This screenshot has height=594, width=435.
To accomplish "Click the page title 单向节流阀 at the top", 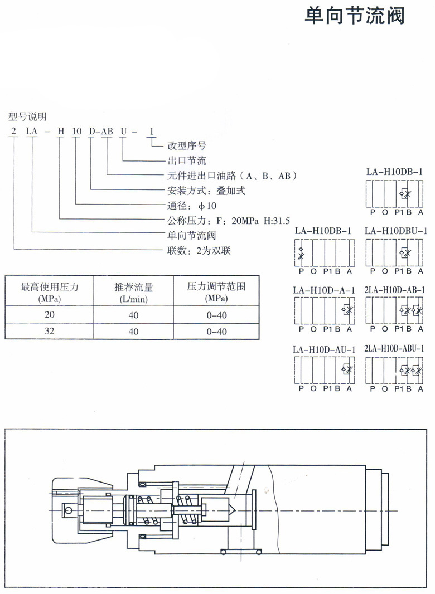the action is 355,16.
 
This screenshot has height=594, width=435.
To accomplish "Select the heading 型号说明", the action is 27,116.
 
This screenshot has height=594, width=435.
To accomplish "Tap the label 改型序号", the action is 187,145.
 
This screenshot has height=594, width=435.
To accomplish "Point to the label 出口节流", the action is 187,160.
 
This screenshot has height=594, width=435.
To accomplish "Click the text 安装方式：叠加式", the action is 206,191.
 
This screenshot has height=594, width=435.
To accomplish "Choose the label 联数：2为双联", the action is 199,250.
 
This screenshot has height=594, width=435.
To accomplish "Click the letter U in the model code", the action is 124,132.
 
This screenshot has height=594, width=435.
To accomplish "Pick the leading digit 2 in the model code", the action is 14,132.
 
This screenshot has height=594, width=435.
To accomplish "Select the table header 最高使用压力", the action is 49,287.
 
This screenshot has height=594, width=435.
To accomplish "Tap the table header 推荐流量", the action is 133,287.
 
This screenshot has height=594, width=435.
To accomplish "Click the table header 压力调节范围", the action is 216,286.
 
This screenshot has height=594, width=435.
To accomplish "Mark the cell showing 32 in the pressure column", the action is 49,331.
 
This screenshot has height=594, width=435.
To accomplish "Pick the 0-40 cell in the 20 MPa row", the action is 216,315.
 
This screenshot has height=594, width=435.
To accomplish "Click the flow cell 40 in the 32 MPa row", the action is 133,332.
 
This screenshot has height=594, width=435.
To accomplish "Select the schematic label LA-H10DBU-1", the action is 396,231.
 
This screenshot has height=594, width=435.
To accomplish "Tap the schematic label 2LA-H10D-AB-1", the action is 395,290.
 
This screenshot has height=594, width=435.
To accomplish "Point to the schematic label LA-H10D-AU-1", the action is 324,349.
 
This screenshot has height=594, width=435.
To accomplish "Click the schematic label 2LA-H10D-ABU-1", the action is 394,348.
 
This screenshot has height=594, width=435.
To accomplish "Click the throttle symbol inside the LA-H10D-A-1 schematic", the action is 347,310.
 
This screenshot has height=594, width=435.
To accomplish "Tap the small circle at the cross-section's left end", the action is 68,245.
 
